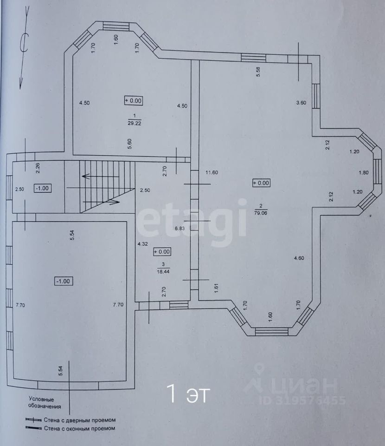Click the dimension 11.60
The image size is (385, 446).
coord(212,172)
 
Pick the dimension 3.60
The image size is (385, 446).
coord(301,103)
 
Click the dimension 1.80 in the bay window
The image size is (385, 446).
coord(364,173)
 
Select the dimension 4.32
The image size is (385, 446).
coord(142,243)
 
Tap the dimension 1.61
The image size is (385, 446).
coord(216,288)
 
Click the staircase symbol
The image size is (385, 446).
coord(100,186)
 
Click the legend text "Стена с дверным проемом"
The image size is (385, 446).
coord(79,420)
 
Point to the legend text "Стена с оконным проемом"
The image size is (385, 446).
coord(79,429)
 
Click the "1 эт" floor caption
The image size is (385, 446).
coord(188,394)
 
